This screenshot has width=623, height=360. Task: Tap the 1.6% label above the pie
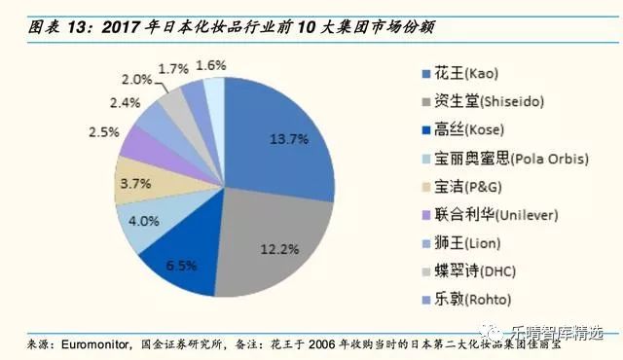coord(211,65)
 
